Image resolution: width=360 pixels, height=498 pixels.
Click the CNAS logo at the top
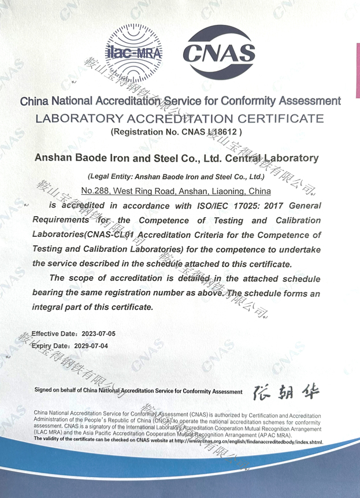(219, 54)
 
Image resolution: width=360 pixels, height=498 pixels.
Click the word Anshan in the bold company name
(54, 158)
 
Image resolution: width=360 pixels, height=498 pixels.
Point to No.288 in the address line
(95, 190)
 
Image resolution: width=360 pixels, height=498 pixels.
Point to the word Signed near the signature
(46, 391)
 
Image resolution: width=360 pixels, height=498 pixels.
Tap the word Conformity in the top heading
(247, 101)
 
